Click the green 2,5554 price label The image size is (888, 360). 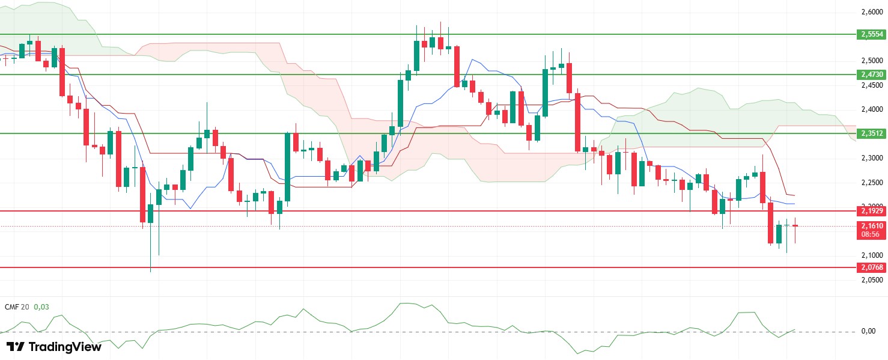(x=872, y=35)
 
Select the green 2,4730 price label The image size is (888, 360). (x=872, y=75)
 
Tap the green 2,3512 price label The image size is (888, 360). (x=872, y=133)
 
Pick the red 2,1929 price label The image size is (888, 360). (x=872, y=211)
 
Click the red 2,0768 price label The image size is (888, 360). (x=872, y=267)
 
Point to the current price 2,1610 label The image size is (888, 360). (x=872, y=227)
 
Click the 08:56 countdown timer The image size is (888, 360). (x=872, y=234)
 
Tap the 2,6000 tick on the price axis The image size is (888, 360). (x=872, y=12)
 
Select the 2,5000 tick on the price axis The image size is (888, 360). (x=872, y=61)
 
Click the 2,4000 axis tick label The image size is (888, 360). (x=872, y=109)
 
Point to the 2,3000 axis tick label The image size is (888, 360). (x=872, y=158)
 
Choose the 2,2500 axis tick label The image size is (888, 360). (x=872, y=183)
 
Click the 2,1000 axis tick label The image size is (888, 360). (x=872, y=255)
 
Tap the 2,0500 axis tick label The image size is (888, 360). (x=872, y=280)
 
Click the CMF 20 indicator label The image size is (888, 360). (x=16, y=307)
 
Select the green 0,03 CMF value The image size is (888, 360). (x=41, y=307)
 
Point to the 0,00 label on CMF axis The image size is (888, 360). (x=868, y=331)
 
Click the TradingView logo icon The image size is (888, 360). (x=16, y=347)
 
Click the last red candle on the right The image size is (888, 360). (x=795, y=226)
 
